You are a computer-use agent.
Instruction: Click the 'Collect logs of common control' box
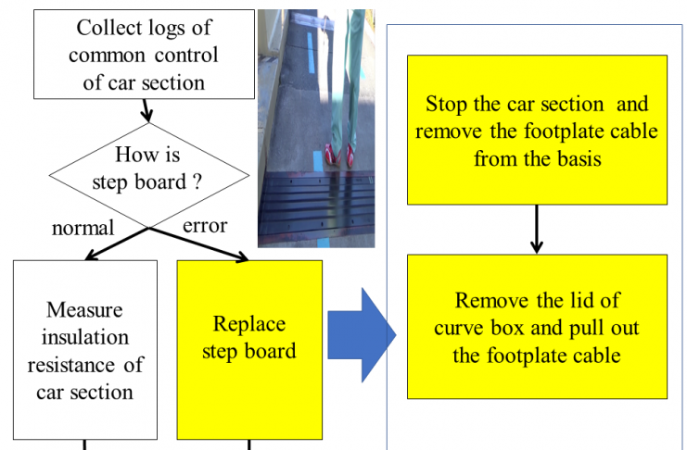(144, 55)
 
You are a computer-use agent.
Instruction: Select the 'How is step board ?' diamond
(149, 175)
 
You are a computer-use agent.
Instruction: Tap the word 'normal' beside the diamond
(83, 228)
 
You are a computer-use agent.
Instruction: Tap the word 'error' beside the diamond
(205, 226)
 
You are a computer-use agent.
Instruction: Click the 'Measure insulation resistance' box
(85, 350)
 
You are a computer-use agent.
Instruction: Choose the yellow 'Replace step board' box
(249, 350)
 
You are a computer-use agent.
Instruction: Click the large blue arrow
(362, 335)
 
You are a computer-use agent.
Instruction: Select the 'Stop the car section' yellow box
(537, 130)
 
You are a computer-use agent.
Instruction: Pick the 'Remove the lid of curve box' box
(537, 327)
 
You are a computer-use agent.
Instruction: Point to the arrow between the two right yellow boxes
(536, 229)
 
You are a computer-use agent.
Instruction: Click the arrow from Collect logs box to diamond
(146, 110)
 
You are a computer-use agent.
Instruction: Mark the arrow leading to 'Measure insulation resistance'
(117, 244)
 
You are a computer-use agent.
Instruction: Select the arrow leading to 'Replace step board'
(199, 244)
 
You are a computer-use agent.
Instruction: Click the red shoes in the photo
(339, 155)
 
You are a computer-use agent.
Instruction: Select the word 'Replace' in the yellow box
(249, 324)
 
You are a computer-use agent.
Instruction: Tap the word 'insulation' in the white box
(85, 337)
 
